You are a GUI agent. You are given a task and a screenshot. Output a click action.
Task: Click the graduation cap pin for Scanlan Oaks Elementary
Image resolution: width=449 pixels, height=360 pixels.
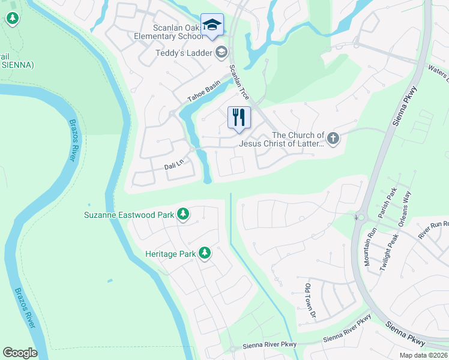(x=212, y=25)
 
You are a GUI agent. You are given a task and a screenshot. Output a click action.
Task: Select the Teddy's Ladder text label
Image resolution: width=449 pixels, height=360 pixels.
(x=184, y=53)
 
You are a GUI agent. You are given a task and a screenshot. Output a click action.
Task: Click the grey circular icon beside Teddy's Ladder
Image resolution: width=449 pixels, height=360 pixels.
(x=221, y=53)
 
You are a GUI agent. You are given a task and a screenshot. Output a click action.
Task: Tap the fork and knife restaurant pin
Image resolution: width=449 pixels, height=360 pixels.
(x=238, y=116)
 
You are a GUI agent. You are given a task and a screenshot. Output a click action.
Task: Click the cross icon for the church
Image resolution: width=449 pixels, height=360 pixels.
(x=333, y=139)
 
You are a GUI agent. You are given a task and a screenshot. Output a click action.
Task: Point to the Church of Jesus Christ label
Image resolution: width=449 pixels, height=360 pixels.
(x=282, y=139)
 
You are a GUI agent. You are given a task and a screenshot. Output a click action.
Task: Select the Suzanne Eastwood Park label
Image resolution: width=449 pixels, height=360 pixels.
(x=129, y=214)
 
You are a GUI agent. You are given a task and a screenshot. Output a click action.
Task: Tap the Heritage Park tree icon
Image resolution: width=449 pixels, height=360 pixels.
(x=205, y=254)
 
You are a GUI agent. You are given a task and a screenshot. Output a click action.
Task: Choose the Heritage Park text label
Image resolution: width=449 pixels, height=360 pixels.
(x=170, y=254)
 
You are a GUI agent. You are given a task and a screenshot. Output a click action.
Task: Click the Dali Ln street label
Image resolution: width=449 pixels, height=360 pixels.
(x=173, y=164)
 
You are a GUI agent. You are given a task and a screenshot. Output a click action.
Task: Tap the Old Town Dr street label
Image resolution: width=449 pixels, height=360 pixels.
(x=310, y=300)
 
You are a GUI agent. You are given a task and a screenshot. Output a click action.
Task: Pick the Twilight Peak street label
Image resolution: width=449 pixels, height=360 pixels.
(x=389, y=253)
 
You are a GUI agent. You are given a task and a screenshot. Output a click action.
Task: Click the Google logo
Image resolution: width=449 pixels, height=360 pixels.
(x=20, y=353)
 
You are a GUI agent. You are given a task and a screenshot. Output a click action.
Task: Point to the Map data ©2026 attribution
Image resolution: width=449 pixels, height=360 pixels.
(x=423, y=355)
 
